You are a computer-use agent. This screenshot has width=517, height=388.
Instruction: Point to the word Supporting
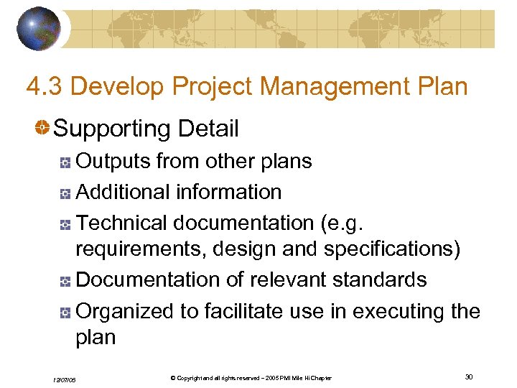(111, 129)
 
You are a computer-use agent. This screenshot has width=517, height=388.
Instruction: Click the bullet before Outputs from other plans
(65, 162)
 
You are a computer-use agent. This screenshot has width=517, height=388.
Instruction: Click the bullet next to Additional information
(65, 193)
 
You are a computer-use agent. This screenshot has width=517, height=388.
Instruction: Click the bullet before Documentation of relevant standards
(65, 281)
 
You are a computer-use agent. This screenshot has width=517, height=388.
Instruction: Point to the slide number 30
(469, 377)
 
